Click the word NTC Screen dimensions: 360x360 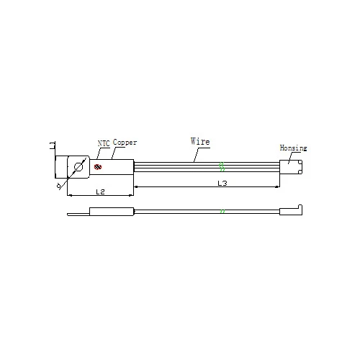tap(104, 143)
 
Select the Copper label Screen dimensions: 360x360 tap(125, 142)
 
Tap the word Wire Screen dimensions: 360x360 tap(200, 141)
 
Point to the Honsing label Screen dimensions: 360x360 tap(293, 148)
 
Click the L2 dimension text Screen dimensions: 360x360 tap(100, 192)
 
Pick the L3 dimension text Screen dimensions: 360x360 tap(222, 184)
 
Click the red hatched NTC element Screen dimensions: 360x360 tap(98, 166)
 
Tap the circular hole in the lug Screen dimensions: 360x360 tap(78, 167)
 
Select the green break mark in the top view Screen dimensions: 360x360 tap(222, 166)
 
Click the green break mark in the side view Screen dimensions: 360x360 tap(222, 211)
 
